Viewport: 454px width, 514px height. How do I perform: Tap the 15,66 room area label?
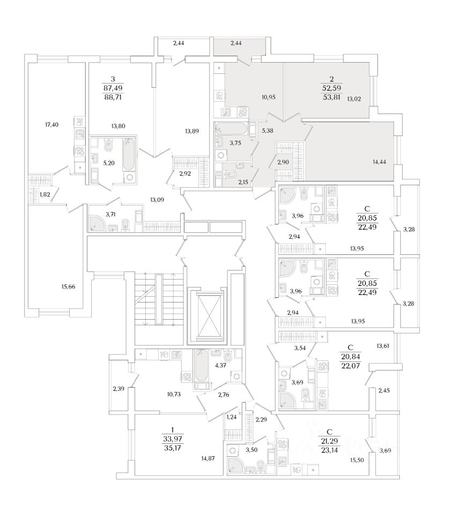coord(68,287)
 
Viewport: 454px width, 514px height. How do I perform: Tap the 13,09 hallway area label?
coord(158,201)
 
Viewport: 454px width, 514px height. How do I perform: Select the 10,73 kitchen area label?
coord(174,394)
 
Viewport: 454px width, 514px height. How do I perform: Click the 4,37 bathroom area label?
coord(220,366)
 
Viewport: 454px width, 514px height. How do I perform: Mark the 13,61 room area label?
coord(383,346)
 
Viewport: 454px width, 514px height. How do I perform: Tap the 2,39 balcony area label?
coord(119,388)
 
